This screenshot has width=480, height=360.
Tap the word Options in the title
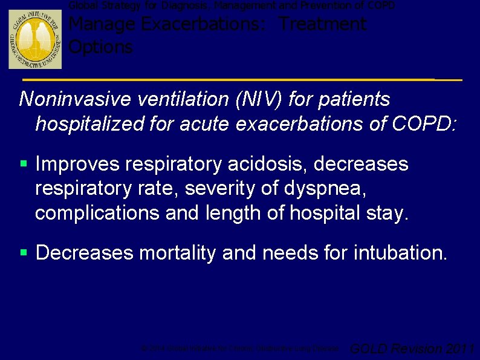[101, 47]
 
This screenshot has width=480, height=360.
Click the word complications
[91, 214]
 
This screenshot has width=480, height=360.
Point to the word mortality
[177, 253]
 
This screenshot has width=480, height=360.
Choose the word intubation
[399, 253]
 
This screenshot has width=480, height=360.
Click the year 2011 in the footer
[460, 349]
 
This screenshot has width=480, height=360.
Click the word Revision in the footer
[417, 349]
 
